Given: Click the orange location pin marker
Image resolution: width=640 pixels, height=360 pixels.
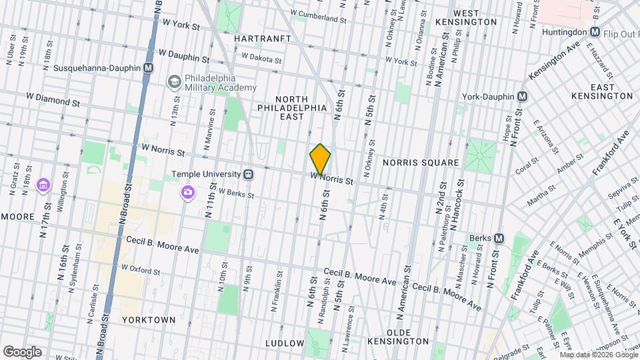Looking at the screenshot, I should pos(320,159).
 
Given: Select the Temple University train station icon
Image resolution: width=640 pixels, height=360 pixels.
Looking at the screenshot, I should pos(248,174).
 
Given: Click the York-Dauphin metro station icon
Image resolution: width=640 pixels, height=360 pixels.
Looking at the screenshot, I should pos(522,96).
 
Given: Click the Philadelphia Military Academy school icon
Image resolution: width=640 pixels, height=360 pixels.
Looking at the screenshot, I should pos(174,81).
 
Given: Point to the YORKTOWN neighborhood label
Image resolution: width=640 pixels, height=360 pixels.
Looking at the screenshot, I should pos(149,320).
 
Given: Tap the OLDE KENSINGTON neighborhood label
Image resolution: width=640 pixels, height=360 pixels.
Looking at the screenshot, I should pos(408,337).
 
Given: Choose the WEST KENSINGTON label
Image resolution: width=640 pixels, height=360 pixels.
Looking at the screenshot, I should pos(475,17).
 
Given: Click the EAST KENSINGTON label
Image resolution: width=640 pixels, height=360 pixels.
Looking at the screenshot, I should pos(601,92).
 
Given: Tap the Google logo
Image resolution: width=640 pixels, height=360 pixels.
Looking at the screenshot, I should pos(22,352).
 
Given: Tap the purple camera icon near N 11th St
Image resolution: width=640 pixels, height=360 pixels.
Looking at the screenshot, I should pos(188,193).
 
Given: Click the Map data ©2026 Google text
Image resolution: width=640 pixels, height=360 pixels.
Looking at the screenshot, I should pos(599,355).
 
